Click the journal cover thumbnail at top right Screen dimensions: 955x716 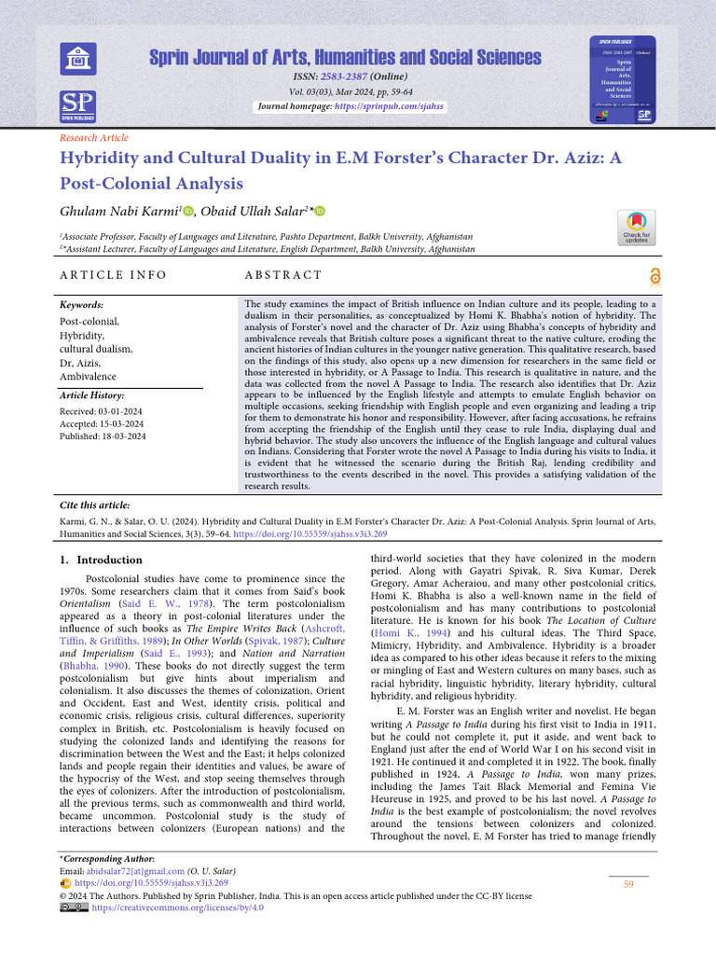[621, 81]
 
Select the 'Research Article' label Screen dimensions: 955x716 [93, 137]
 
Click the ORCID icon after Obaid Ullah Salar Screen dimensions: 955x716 [321, 213]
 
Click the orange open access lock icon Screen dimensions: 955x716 [654, 274]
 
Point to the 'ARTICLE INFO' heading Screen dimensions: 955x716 [113, 275]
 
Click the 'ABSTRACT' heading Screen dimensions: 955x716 [282, 275]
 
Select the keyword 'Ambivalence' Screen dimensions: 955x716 [89, 377]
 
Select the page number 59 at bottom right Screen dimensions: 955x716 [628, 884]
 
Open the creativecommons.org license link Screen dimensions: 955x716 [177, 907]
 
